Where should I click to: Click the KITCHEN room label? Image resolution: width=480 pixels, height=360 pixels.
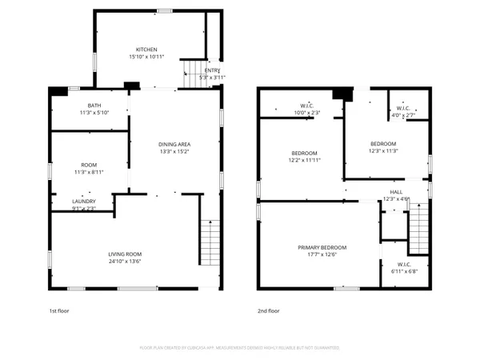[x=146, y=49]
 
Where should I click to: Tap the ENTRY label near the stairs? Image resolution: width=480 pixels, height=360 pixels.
[x=212, y=70]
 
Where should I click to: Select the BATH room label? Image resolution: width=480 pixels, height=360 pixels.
[x=94, y=106]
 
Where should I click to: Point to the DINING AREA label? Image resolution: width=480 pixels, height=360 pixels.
[x=174, y=144]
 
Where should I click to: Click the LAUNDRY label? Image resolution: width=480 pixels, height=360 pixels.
[x=84, y=201]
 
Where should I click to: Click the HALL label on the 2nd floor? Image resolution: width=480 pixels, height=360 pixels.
[x=396, y=192]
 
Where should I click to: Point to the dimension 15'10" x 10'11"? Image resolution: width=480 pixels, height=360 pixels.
[x=146, y=56]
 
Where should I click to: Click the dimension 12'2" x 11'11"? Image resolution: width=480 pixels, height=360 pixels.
[x=304, y=160]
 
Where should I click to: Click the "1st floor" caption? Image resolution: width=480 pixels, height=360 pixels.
[x=59, y=310]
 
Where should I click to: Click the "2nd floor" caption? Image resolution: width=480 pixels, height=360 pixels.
[x=268, y=310]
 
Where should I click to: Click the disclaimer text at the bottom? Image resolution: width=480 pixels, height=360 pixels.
[x=240, y=348]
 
